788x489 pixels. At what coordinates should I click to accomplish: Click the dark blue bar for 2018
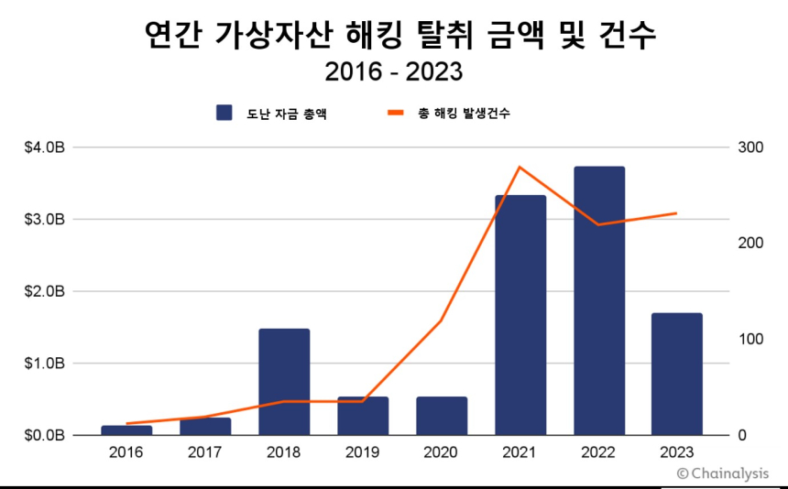point(284,382)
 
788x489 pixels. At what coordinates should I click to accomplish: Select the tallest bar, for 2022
point(599,301)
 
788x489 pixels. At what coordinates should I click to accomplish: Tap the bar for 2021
point(520,315)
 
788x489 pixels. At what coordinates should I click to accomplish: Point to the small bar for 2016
point(126,429)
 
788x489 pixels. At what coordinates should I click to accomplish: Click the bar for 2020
point(442,416)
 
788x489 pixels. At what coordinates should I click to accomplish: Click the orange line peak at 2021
point(520,167)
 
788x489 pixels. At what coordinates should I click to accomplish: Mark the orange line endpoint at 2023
point(677,213)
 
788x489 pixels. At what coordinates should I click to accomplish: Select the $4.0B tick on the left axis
point(44,147)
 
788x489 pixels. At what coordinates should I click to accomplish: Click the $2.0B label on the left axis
point(44,291)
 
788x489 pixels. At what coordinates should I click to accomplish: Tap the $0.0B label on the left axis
point(44,435)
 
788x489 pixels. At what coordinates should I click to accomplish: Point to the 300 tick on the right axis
point(749,147)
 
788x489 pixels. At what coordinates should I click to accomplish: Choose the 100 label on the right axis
point(749,339)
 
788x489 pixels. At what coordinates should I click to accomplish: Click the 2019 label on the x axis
point(363,452)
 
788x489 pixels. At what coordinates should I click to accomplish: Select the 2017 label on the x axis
point(205,452)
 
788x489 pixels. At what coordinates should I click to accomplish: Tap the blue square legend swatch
point(224,113)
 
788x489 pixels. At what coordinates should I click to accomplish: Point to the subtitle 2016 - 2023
point(394,71)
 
